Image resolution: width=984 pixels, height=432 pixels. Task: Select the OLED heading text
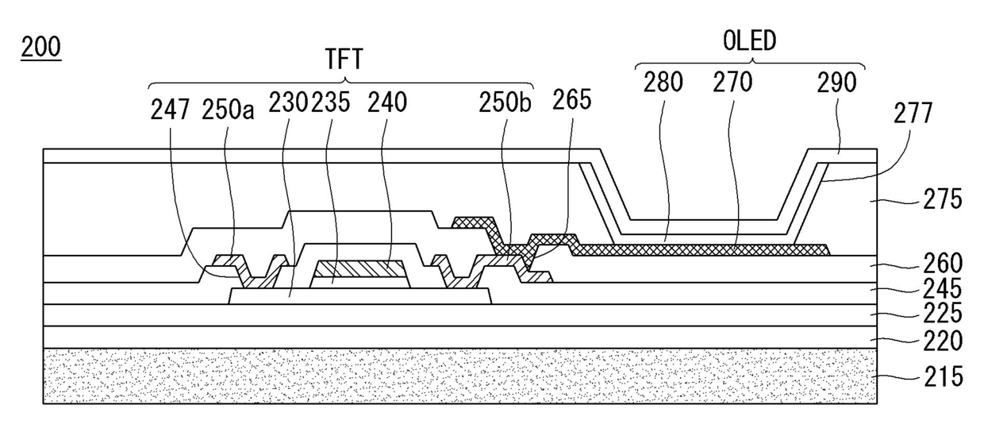pos(750,40)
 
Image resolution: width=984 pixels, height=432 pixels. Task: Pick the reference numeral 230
pos(288,104)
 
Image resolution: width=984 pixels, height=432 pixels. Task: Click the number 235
pos(331,104)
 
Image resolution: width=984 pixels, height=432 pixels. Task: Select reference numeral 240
pos(387,104)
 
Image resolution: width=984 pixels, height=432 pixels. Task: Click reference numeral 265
pos(572,104)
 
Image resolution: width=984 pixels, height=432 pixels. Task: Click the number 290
pos(837,83)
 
